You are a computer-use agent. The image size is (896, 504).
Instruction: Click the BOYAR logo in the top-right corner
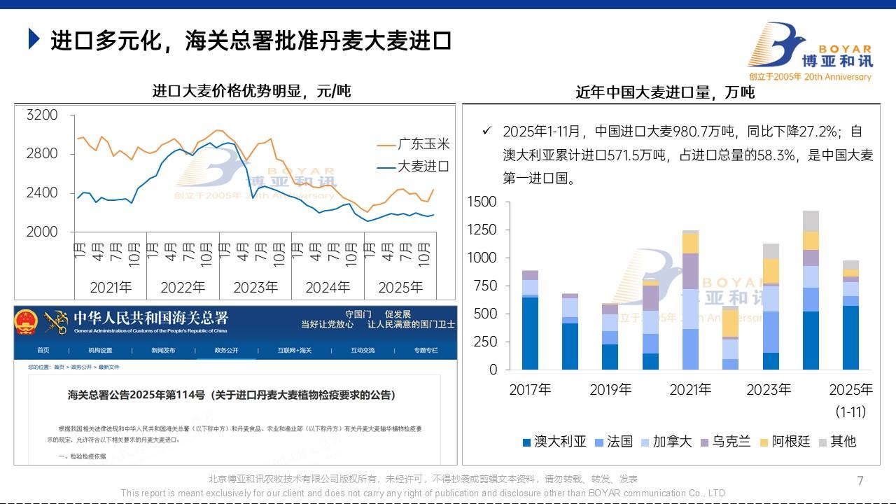808,52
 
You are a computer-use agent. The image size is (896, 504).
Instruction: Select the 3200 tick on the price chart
42,115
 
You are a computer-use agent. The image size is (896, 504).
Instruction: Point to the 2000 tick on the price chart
42,232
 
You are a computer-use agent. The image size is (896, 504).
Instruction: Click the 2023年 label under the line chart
255,287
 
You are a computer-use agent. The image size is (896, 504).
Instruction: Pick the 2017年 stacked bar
530,320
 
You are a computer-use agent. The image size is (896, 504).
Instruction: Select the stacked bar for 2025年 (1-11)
850,315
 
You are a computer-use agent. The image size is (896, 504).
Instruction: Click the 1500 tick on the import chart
482,202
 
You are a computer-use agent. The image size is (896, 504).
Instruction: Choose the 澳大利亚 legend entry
554,442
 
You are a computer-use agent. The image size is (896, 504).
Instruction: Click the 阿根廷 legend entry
784,442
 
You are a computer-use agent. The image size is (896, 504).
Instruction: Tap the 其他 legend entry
836,442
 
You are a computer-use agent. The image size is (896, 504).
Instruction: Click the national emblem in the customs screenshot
27,321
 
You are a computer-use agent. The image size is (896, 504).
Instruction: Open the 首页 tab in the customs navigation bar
43,350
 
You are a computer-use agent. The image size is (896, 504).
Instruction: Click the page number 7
860,481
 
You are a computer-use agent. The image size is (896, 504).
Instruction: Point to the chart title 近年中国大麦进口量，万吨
664,92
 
